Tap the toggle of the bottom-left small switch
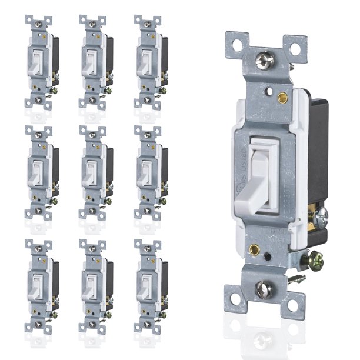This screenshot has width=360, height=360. pos(35,285)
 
